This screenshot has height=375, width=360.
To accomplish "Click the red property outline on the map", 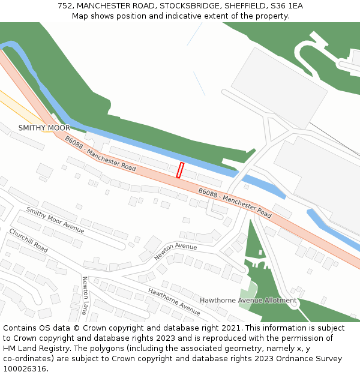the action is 180,170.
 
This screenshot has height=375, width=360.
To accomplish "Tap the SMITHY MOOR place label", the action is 44,128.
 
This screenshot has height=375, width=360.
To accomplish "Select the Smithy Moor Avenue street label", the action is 55,220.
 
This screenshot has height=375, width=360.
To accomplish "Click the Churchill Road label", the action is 28,240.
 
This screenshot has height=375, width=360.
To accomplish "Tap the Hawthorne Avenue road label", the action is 174,301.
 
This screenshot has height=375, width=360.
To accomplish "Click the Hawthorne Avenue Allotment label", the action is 248,300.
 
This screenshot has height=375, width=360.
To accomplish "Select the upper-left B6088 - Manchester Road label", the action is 100,153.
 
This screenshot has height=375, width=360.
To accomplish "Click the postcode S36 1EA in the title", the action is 287,6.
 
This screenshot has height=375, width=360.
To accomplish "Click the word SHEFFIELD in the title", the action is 244,6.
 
